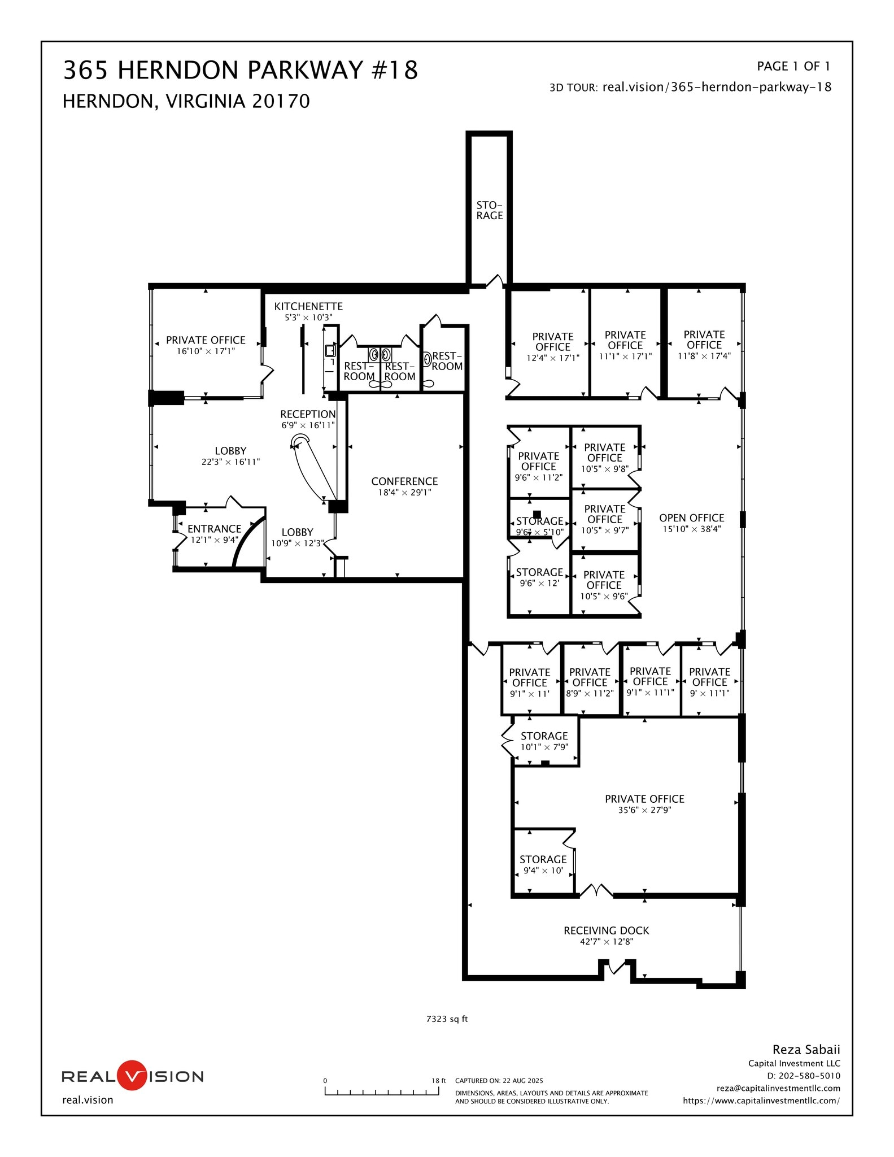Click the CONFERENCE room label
pyautogui.click(x=404, y=481)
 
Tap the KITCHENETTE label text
pyautogui.click(x=308, y=306)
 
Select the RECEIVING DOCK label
pyautogui.click(x=606, y=930)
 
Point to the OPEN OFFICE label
pyautogui.click(x=691, y=517)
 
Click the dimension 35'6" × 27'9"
pyautogui.click(x=644, y=810)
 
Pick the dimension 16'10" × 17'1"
pyautogui.click(x=206, y=351)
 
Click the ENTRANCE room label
pyautogui.click(x=214, y=529)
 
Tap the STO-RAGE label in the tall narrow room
pyautogui.click(x=489, y=210)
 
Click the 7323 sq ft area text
pyautogui.click(x=447, y=1019)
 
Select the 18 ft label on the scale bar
pyautogui.click(x=439, y=1080)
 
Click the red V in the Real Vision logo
pyautogui.click(x=131, y=1075)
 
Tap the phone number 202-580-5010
pyautogui.click(x=809, y=1076)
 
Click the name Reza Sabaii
pyautogui.click(x=806, y=1049)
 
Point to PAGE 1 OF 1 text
pyautogui.click(x=793, y=66)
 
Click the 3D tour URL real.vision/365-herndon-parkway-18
pyautogui.click(x=717, y=87)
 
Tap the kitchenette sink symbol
pyautogui.click(x=330, y=351)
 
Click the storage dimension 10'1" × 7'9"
pyautogui.click(x=544, y=747)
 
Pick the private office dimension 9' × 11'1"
pyautogui.click(x=709, y=693)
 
